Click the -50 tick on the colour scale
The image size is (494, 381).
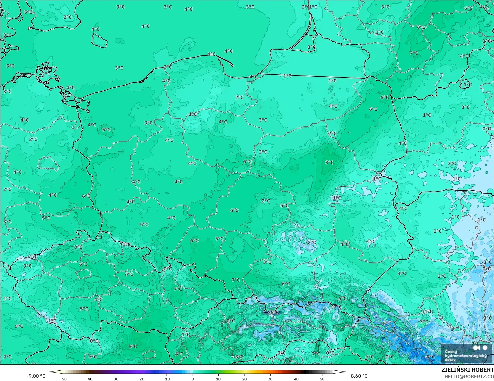pos(63,379)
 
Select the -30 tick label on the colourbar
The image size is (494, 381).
pos(115,379)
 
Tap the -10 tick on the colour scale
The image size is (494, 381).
pos(167,379)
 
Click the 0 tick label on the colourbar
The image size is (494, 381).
pos(193,379)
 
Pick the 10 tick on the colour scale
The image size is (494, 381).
pos(218,379)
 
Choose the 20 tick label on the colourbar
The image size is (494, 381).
pos(244,379)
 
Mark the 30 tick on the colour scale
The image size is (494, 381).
pos(270,379)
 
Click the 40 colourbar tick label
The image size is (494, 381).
pos(296,379)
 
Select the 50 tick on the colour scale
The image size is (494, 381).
pos(322,379)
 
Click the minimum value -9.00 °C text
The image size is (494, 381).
pos(36,376)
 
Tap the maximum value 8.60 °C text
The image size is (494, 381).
pos(359,376)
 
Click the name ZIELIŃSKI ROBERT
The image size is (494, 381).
pos(467,370)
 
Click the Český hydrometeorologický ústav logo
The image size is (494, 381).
pos(466,353)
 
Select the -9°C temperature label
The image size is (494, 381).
pos(430,357)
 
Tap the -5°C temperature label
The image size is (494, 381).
pos(386,324)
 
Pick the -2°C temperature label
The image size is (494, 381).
pos(311,242)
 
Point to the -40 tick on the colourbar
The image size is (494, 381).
pos(89,379)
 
